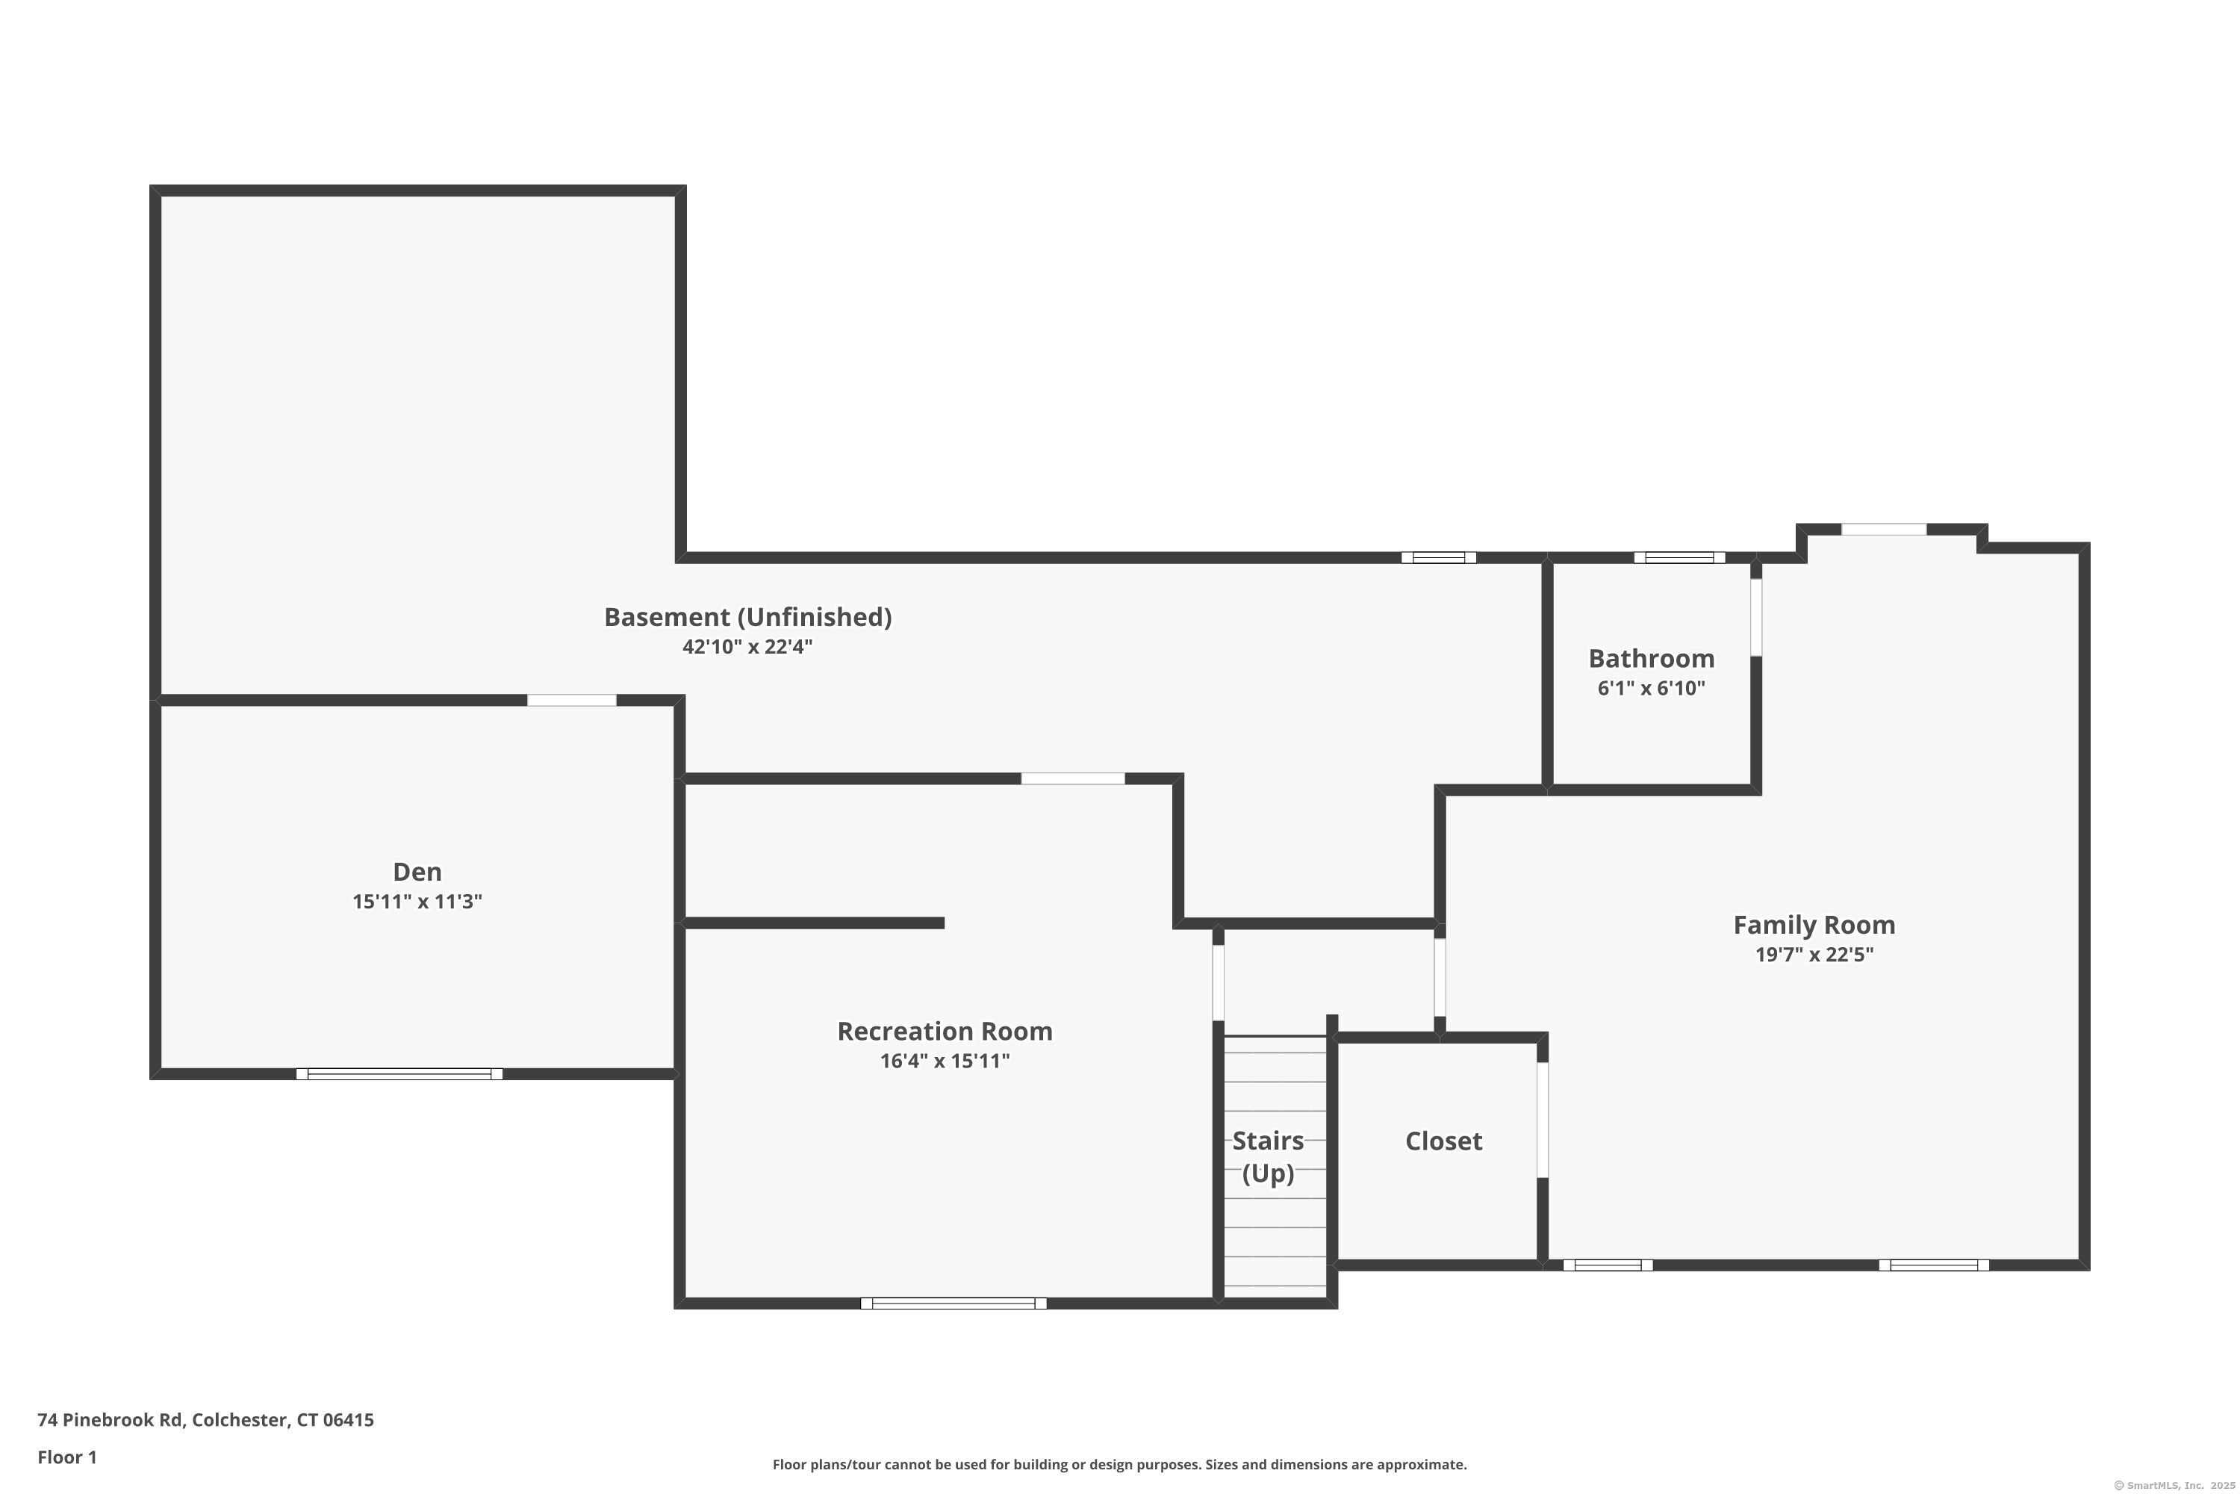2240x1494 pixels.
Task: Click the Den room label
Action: click(417, 872)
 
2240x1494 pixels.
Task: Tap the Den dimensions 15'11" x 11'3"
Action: click(417, 902)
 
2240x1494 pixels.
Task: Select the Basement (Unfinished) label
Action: click(747, 618)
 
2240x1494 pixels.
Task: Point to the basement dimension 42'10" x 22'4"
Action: click(747, 647)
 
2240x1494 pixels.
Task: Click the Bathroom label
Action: click(1652, 658)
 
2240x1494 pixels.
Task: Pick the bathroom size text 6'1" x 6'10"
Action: click(1652, 688)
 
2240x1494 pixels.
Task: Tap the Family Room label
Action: click(1814, 926)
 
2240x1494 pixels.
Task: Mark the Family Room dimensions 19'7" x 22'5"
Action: click(1814, 955)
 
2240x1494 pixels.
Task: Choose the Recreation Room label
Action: click(945, 1031)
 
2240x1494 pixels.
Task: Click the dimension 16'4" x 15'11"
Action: click(945, 1061)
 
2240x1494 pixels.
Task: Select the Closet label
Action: click(1444, 1141)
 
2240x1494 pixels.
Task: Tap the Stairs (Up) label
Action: click(1269, 1156)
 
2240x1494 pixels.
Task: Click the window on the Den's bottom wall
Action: click(399, 1074)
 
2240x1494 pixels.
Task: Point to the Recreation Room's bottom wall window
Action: click(953, 1304)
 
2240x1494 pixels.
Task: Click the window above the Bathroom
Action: click(1679, 557)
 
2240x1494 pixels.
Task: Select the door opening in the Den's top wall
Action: click(571, 701)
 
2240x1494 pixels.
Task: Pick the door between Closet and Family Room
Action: click(1543, 1120)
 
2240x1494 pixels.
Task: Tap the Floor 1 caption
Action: click(66, 1457)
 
